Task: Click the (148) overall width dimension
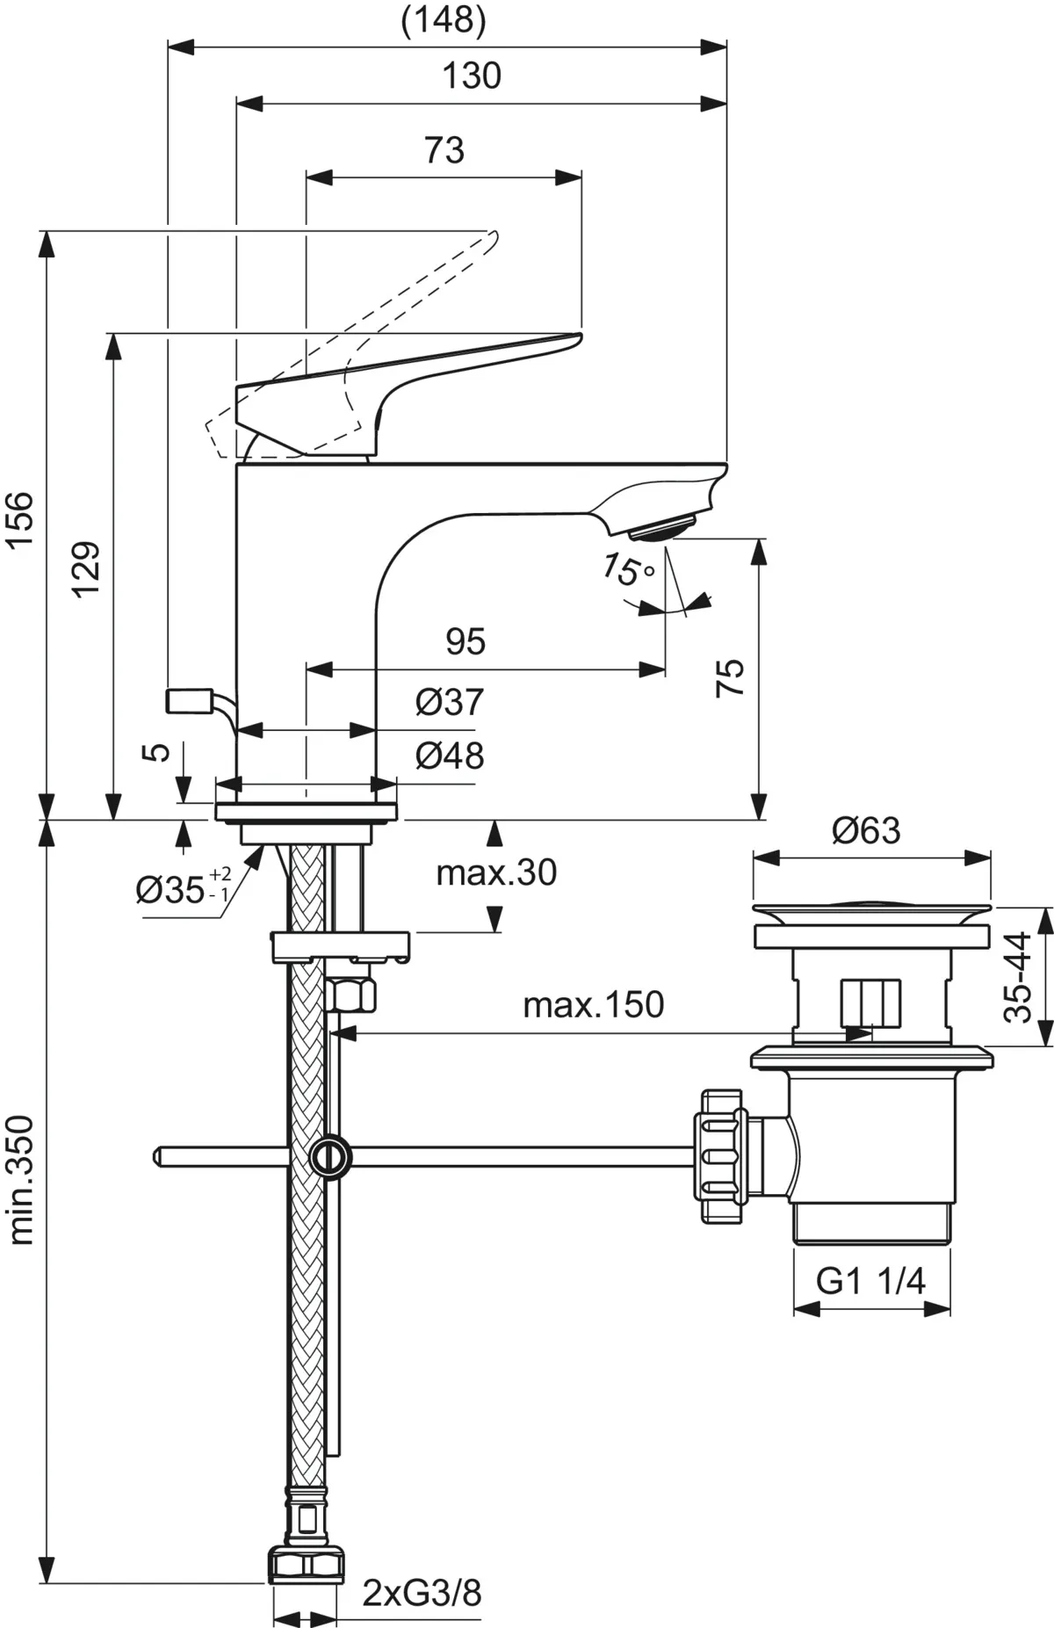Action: pyautogui.click(x=443, y=21)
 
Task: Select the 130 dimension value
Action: pyautogui.click(x=472, y=76)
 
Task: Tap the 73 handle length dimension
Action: pyautogui.click(x=444, y=150)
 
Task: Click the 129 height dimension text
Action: pyautogui.click(x=86, y=568)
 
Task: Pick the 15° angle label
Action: pyautogui.click(x=626, y=570)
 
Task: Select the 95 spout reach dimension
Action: pyautogui.click(x=465, y=642)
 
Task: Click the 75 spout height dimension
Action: pyautogui.click(x=730, y=677)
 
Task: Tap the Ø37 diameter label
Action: pyautogui.click(x=449, y=702)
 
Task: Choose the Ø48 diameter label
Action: pyautogui.click(x=449, y=756)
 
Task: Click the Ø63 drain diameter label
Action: pyautogui.click(x=866, y=830)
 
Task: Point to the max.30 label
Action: pyautogui.click(x=496, y=872)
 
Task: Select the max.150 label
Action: pyautogui.click(x=593, y=1004)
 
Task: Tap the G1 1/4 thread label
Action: pyautogui.click(x=870, y=1282)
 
